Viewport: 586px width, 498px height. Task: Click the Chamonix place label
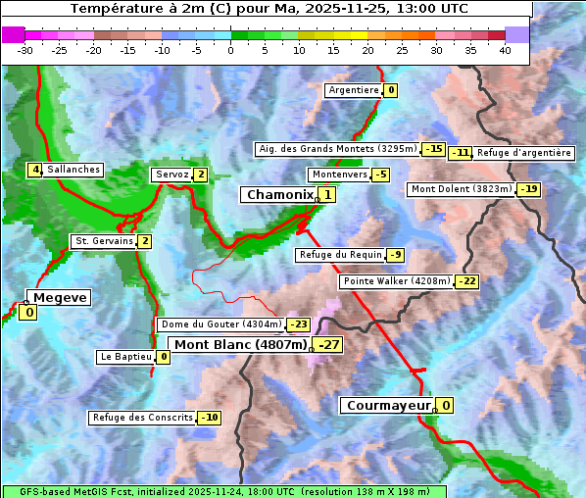click(x=279, y=195)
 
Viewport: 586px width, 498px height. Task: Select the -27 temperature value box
click(x=329, y=345)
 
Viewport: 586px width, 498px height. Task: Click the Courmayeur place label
click(x=389, y=406)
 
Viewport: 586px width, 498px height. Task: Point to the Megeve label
click(x=60, y=298)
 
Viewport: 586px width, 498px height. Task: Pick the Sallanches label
click(x=73, y=170)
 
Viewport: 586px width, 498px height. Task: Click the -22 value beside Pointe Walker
click(x=466, y=281)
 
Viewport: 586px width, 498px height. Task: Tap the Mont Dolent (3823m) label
click(x=461, y=189)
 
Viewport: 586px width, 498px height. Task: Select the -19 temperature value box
click(x=528, y=189)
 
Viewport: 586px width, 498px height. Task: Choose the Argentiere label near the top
click(x=354, y=90)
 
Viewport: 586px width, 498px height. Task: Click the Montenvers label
click(x=339, y=174)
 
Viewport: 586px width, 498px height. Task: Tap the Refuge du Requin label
click(x=340, y=255)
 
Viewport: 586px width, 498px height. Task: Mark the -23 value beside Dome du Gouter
click(x=298, y=324)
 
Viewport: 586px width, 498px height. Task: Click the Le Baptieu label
click(x=125, y=357)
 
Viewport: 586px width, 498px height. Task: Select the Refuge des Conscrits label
click(x=142, y=418)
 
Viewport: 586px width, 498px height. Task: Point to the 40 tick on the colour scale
click(x=505, y=50)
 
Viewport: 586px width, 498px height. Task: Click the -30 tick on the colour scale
click(x=25, y=50)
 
